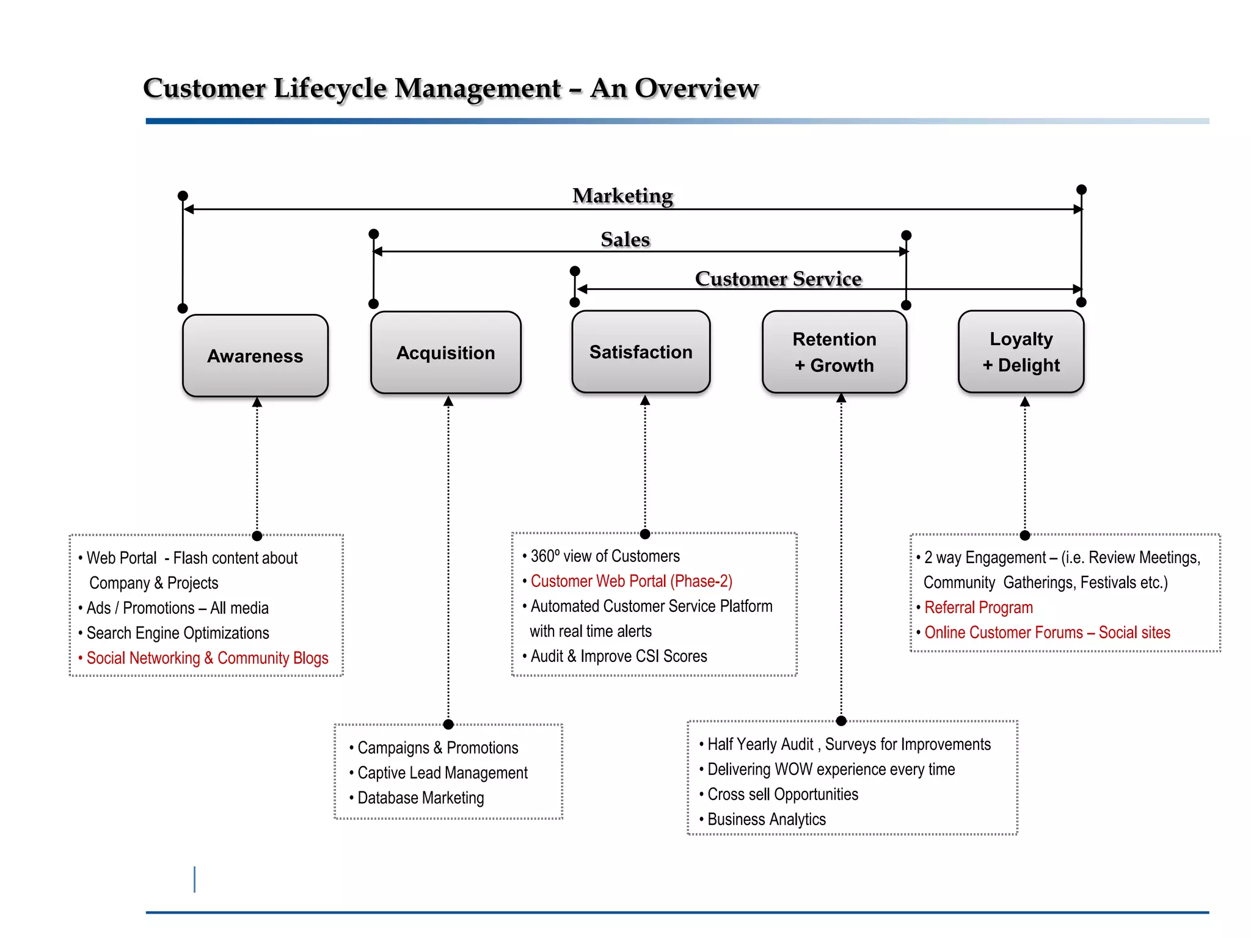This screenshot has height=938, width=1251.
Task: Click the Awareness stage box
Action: tap(255, 355)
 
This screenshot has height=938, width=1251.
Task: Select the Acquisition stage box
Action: tap(445, 352)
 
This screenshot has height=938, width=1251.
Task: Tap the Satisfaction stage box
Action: tap(641, 352)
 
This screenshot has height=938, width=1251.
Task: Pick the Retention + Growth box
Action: tap(834, 352)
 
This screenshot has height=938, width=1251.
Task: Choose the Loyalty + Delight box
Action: tap(1021, 352)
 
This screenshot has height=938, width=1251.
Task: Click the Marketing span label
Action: tap(622, 195)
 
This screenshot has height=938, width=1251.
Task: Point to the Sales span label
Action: tap(625, 239)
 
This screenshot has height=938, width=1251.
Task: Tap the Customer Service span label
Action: tap(778, 278)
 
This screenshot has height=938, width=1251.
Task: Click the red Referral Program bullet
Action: tap(978, 608)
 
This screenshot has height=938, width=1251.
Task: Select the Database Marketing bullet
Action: tap(420, 798)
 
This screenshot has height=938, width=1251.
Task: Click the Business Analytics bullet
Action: tap(766, 820)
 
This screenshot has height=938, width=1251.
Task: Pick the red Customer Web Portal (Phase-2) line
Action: tap(631, 581)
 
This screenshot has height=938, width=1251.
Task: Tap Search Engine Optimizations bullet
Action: tap(177, 633)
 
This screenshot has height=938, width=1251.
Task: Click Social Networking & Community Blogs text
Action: tap(207, 658)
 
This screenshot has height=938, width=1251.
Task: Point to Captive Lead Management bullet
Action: tap(442, 773)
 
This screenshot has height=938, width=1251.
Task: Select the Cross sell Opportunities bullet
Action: tap(782, 794)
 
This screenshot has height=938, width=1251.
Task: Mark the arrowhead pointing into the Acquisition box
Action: tap(448, 401)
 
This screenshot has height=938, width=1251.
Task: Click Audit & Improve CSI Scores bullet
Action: tap(618, 656)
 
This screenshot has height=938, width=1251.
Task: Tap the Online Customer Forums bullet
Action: tap(1047, 633)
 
